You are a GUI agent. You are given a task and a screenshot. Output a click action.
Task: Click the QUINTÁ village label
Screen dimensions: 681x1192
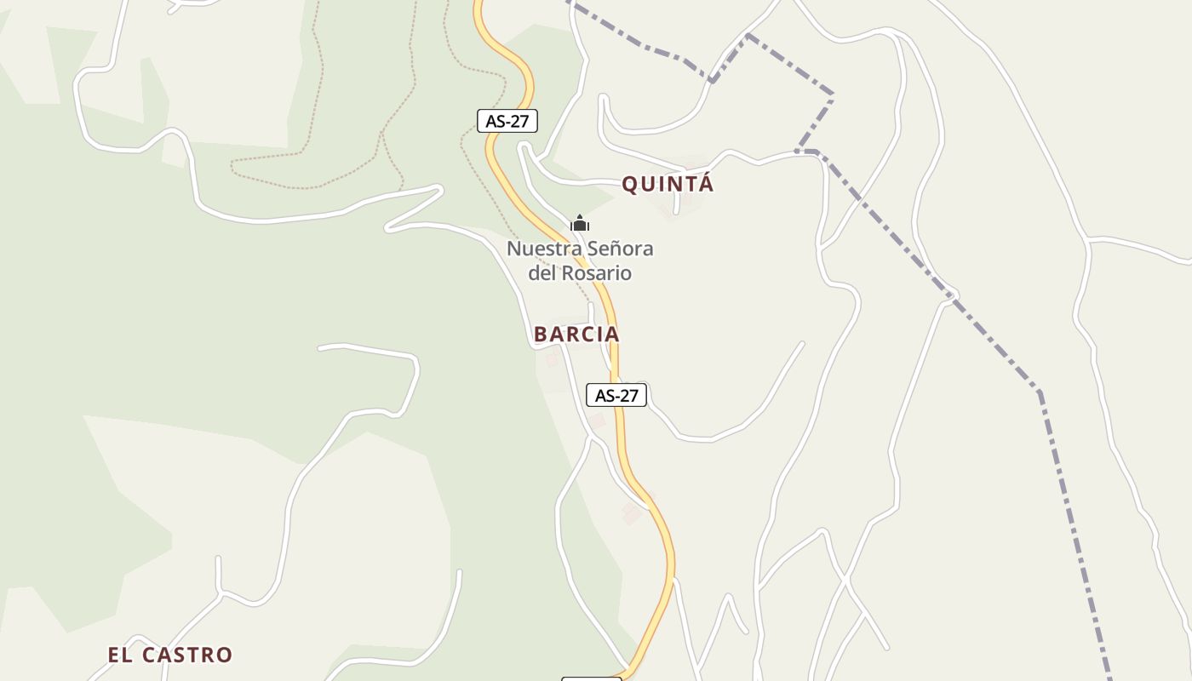[668, 184]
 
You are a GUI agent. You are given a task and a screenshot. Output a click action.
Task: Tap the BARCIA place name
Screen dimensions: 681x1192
[576, 335]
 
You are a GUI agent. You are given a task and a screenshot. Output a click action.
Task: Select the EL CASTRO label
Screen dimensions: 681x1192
[169, 655]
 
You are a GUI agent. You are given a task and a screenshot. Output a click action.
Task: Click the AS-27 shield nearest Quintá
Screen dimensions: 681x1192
[507, 121]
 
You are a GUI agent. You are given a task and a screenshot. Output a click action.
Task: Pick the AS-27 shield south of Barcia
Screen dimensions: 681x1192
[616, 395]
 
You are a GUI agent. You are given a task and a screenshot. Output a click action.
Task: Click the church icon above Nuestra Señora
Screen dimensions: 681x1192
[580, 224]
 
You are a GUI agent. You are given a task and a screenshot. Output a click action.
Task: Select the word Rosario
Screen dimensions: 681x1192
[596, 273]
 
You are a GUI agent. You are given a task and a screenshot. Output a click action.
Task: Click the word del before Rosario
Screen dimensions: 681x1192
[542, 273]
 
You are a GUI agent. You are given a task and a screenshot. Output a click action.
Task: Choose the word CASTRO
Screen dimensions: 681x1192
[186, 655]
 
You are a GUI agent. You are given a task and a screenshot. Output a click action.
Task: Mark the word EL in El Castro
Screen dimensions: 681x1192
[118, 655]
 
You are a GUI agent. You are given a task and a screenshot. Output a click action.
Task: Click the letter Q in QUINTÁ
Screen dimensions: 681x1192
[630, 185]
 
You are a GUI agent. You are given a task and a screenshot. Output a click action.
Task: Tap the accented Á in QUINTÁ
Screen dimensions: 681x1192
[705, 183]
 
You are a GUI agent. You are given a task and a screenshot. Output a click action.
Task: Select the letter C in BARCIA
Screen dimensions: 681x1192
[587, 335]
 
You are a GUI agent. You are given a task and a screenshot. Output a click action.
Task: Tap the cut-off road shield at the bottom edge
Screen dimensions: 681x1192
[591, 678]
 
